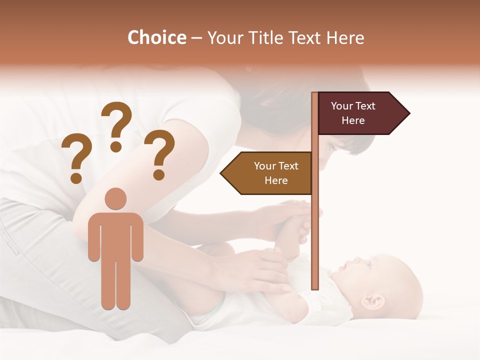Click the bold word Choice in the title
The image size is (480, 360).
(156, 38)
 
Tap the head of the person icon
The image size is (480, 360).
(116, 198)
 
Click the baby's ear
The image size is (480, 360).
(374, 301)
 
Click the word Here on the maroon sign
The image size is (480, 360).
(353, 120)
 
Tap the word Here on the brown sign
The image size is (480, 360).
(276, 180)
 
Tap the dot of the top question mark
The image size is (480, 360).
(116, 146)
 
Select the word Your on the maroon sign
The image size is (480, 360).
(342, 106)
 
